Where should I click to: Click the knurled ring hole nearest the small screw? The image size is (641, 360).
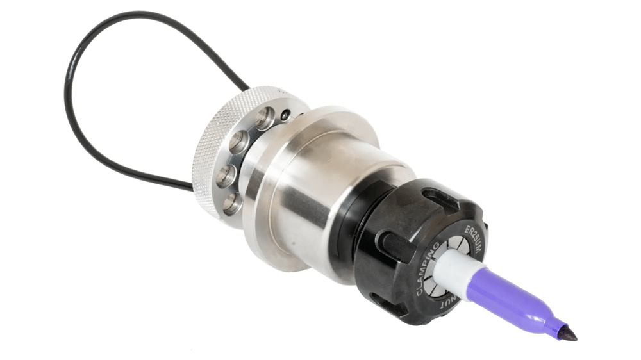click(265, 117)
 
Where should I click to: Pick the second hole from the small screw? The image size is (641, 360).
click(240, 142)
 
